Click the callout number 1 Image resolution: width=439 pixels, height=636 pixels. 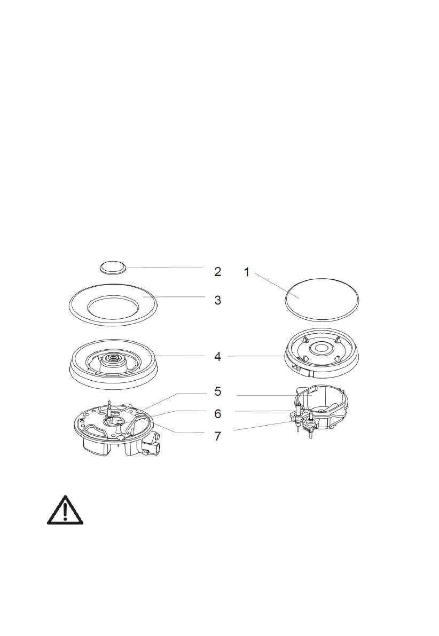(x=247, y=272)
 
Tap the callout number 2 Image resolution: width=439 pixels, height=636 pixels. (x=217, y=272)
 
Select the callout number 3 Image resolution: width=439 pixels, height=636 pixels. (x=217, y=300)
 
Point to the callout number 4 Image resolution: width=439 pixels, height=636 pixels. (x=217, y=357)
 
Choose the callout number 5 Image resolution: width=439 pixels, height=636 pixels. (x=217, y=391)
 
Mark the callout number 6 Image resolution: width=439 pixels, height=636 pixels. (x=217, y=413)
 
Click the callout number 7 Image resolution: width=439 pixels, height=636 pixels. (x=217, y=436)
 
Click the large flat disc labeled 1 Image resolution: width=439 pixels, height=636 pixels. (x=322, y=297)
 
